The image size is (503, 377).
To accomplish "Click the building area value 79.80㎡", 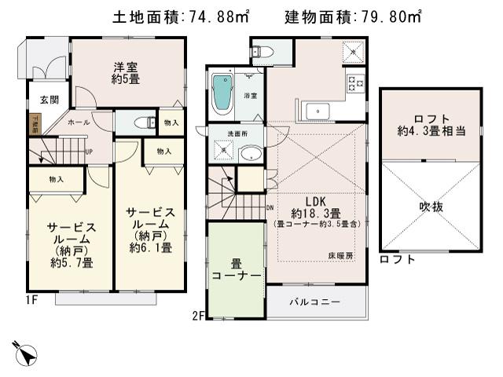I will click(x=388, y=16).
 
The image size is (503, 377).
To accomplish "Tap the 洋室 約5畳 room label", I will click(x=124, y=73).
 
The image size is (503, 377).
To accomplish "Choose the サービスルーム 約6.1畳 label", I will click(x=152, y=229).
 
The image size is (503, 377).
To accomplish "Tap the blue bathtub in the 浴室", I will click(x=223, y=94).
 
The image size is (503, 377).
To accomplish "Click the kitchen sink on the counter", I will click(x=318, y=110).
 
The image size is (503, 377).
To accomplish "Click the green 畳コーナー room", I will click(x=235, y=269).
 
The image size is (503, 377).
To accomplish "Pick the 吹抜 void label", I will click(x=430, y=207).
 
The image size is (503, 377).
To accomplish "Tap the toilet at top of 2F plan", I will click(x=264, y=53).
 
